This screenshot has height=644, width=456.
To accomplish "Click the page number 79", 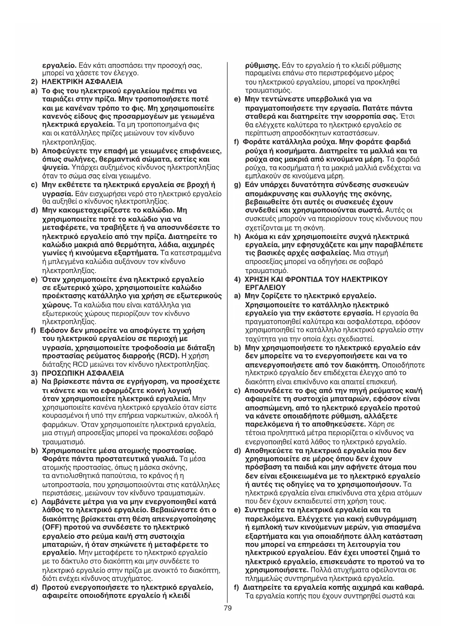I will [x=227, y=608].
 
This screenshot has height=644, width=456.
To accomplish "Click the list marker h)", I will [x=237, y=236].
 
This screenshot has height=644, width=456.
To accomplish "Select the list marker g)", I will [x=237, y=185].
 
